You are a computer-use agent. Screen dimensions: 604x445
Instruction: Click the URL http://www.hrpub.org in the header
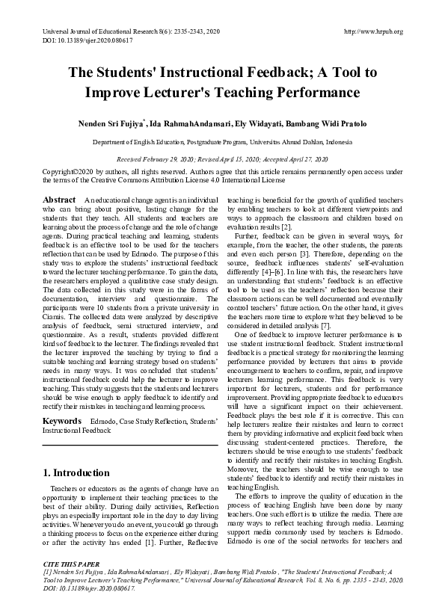(372, 31)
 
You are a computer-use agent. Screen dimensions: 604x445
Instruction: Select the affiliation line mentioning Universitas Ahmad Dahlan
(221, 141)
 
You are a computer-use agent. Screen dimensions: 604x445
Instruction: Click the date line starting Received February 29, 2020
(221, 160)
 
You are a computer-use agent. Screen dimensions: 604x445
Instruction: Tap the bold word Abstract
(59, 200)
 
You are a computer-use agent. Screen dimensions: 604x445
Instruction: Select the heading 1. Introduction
(76, 472)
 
